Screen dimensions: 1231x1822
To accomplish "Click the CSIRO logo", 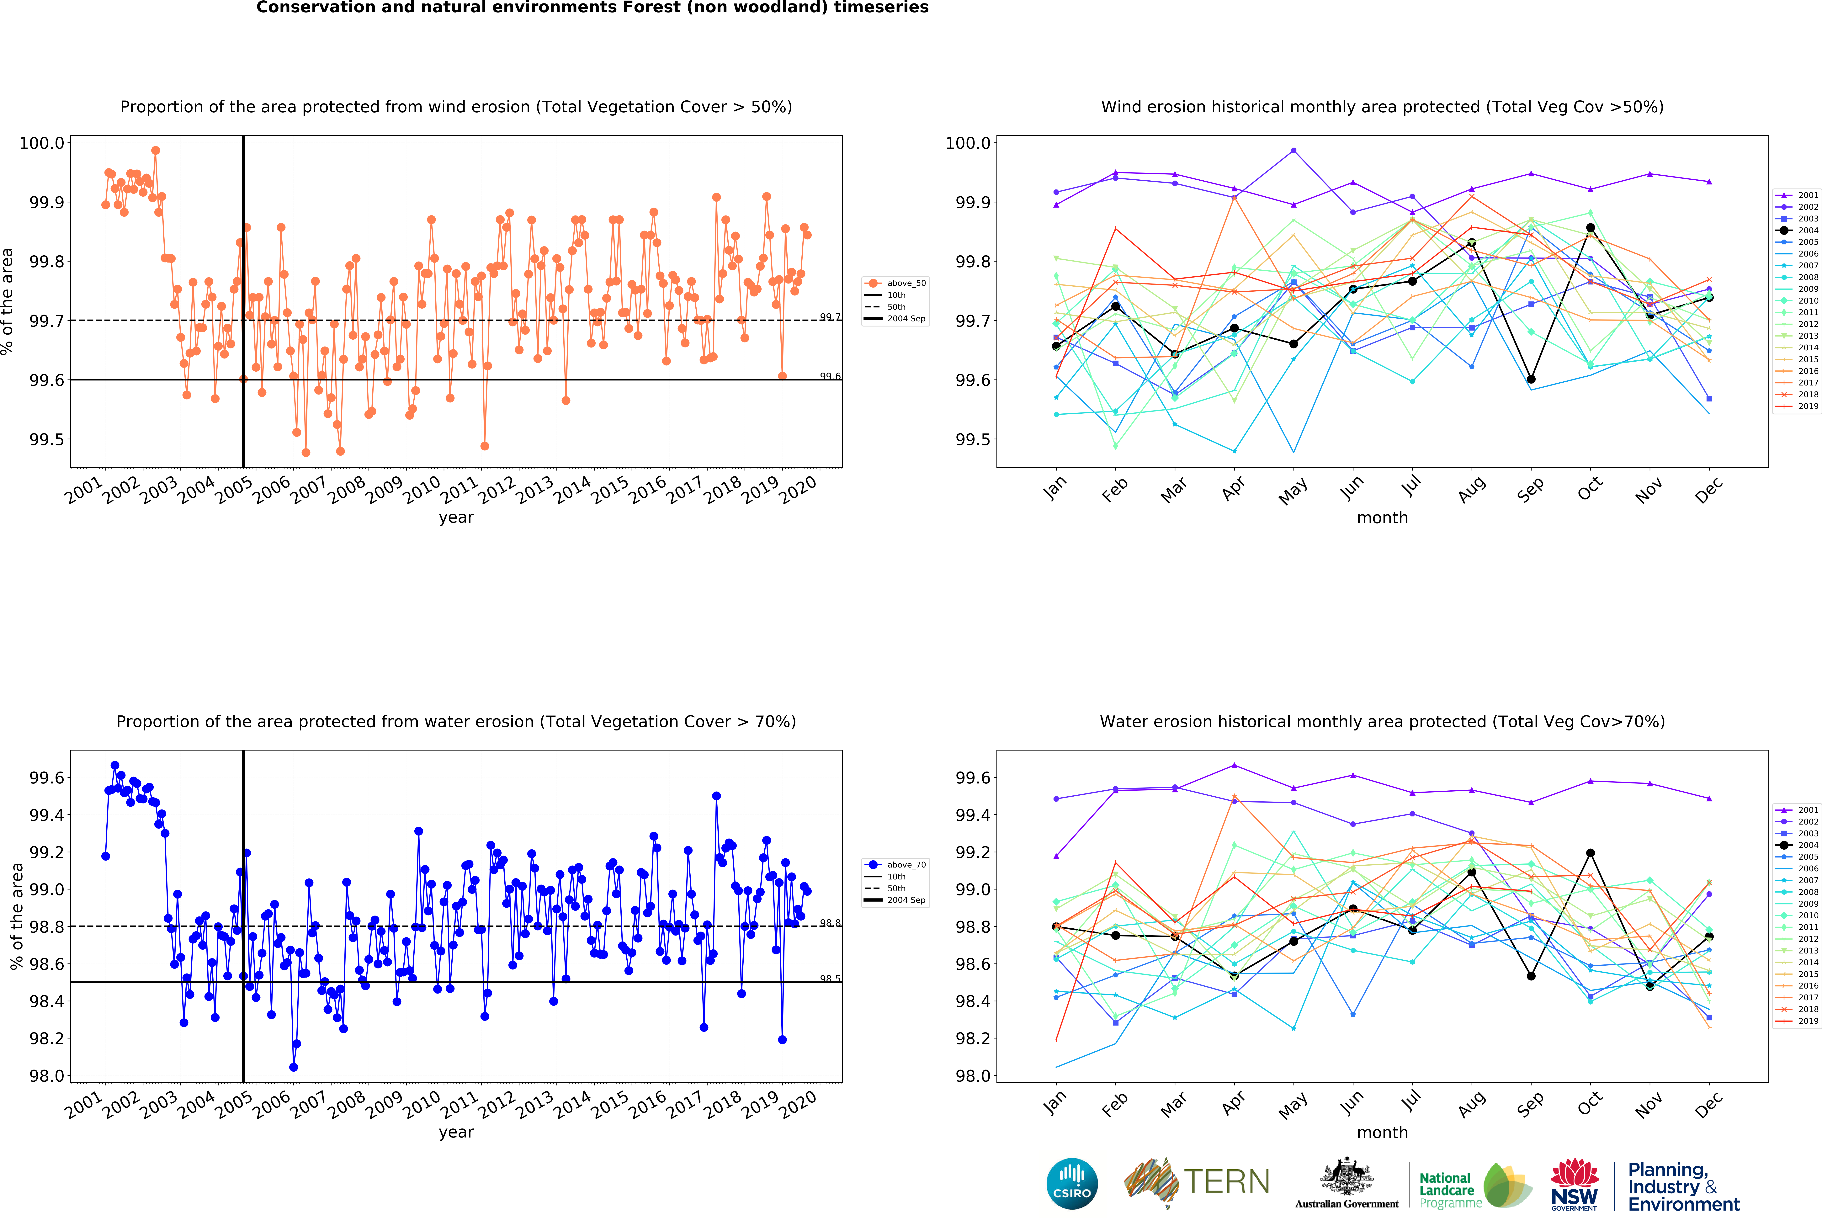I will (1072, 1183).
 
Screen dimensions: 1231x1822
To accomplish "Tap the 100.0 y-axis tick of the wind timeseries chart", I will (42, 143).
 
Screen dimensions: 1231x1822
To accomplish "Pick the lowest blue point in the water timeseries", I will (293, 1067).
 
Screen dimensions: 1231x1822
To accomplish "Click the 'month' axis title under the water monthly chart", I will (1382, 1132).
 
